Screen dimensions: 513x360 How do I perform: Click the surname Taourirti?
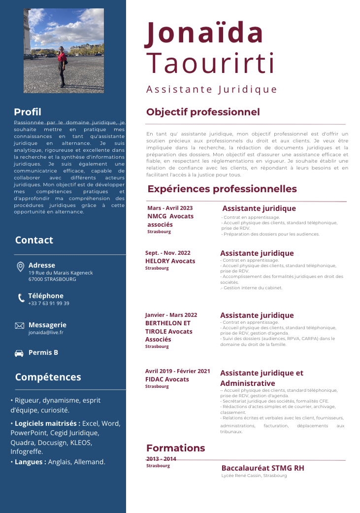[211, 64]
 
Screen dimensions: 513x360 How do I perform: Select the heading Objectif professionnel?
[203, 112]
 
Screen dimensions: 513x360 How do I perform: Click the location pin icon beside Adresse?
[20, 267]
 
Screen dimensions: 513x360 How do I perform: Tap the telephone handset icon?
[21, 298]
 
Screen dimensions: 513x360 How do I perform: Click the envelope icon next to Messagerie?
[20, 326]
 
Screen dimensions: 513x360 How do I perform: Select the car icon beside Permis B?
[20, 353]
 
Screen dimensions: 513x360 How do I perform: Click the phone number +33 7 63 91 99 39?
[49, 304]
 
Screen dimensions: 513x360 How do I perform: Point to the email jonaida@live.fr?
[46, 333]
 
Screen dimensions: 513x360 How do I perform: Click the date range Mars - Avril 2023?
[170, 208]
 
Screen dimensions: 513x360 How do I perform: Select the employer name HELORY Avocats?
[170, 261]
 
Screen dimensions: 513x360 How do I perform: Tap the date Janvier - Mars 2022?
[171, 315]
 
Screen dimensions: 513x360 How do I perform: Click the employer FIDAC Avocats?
[167, 379]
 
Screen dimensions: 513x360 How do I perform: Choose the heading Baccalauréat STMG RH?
[262, 468]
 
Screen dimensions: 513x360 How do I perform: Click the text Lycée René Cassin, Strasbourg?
[254, 476]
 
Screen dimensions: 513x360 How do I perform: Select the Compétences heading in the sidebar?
[48, 377]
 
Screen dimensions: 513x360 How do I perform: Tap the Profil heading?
[28, 112]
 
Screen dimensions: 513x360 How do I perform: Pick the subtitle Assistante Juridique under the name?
[212, 90]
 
